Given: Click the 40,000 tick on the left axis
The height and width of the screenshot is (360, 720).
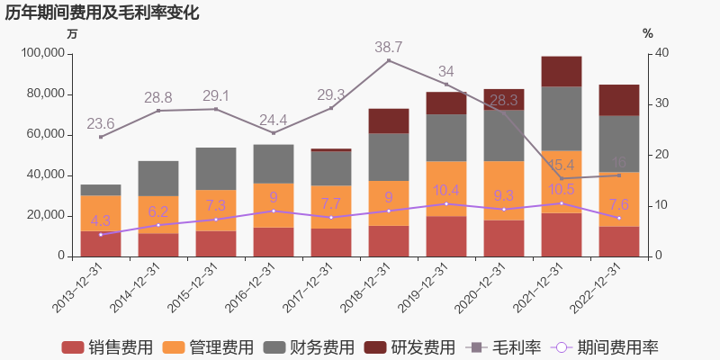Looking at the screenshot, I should pos(45,175).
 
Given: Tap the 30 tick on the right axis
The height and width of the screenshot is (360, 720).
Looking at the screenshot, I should pos(661,104).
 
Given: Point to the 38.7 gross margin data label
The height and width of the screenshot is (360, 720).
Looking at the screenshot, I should pos(388,47).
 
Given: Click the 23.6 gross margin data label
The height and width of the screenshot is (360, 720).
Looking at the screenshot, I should pos(100,123).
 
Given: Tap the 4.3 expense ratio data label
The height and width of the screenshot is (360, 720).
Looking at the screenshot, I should pos(100,220).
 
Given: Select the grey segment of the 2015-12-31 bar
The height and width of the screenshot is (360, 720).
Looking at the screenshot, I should pos(215,168).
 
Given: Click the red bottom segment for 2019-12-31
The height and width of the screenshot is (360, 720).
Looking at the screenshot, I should pos(445,236).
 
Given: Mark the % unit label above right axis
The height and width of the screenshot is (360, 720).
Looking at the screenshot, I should pos(648,33).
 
